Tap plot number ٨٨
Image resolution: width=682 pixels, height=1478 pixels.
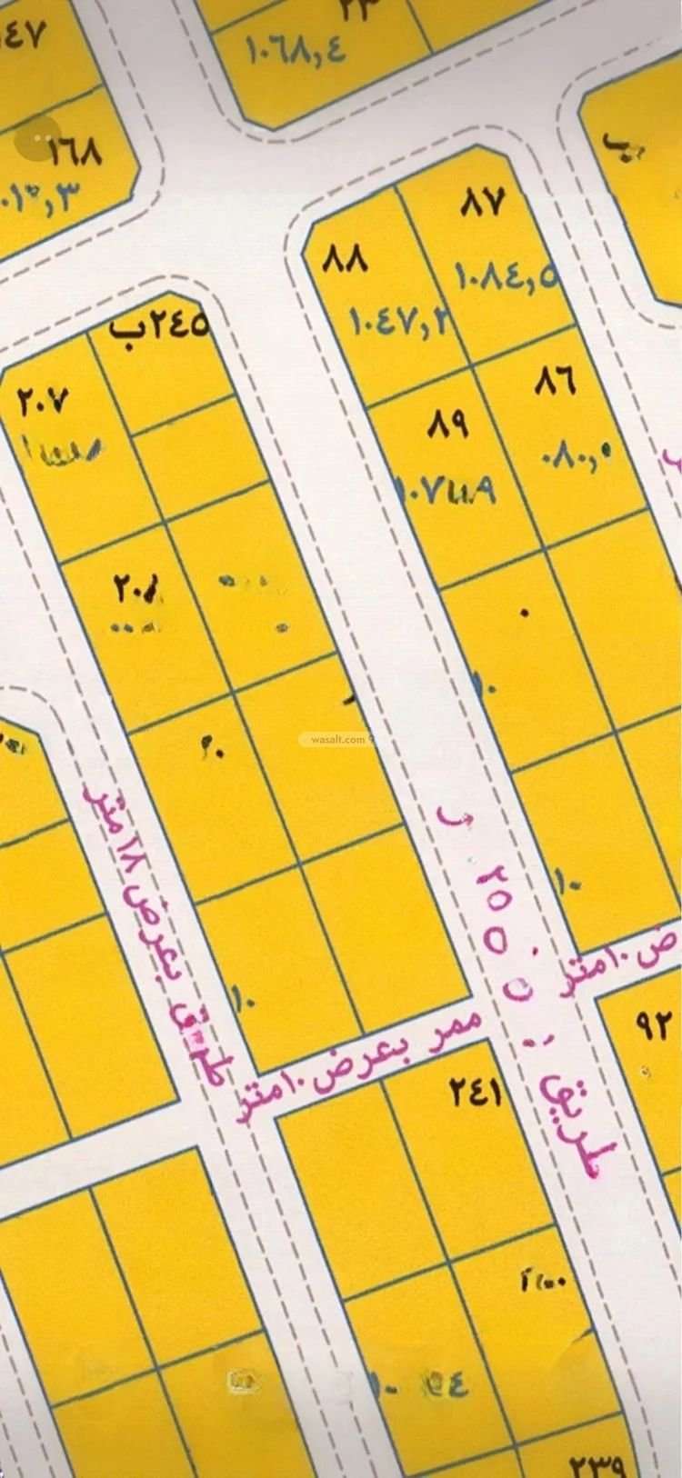pyautogui.click(x=346, y=260)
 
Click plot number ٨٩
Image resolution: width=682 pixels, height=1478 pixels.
pyautogui.click(x=446, y=424)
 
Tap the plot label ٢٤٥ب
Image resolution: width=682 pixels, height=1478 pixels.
pyautogui.click(x=158, y=325)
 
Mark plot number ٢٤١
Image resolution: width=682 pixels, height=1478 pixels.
pyautogui.click(x=476, y=1092)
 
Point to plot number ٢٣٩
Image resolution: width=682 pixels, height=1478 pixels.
pyautogui.click(x=597, y=1465)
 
